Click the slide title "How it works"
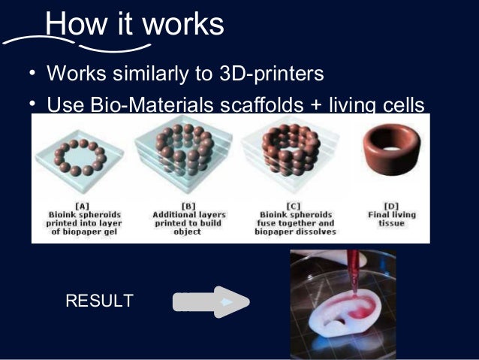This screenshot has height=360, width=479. pos(134,25)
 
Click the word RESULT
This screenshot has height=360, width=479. pos(100,301)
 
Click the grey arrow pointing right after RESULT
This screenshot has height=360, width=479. pos(211,302)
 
